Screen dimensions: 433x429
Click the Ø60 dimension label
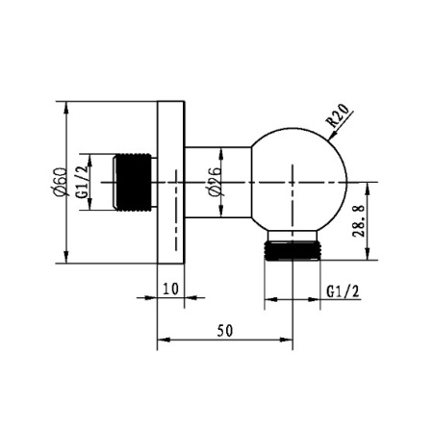pos(60,182)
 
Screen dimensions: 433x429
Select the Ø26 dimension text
pos(215,181)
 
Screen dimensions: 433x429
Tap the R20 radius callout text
pos(337,115)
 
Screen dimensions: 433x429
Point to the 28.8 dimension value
pos(359,221)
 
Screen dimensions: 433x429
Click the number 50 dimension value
pos(225,331)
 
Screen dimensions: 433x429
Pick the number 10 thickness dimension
pos(170,289)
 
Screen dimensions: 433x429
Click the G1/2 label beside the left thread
pos(82,182)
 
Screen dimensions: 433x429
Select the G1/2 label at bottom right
pos(343,291)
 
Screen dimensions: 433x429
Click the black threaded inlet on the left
pos(133,182)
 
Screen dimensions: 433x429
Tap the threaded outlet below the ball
pos(293,251)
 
